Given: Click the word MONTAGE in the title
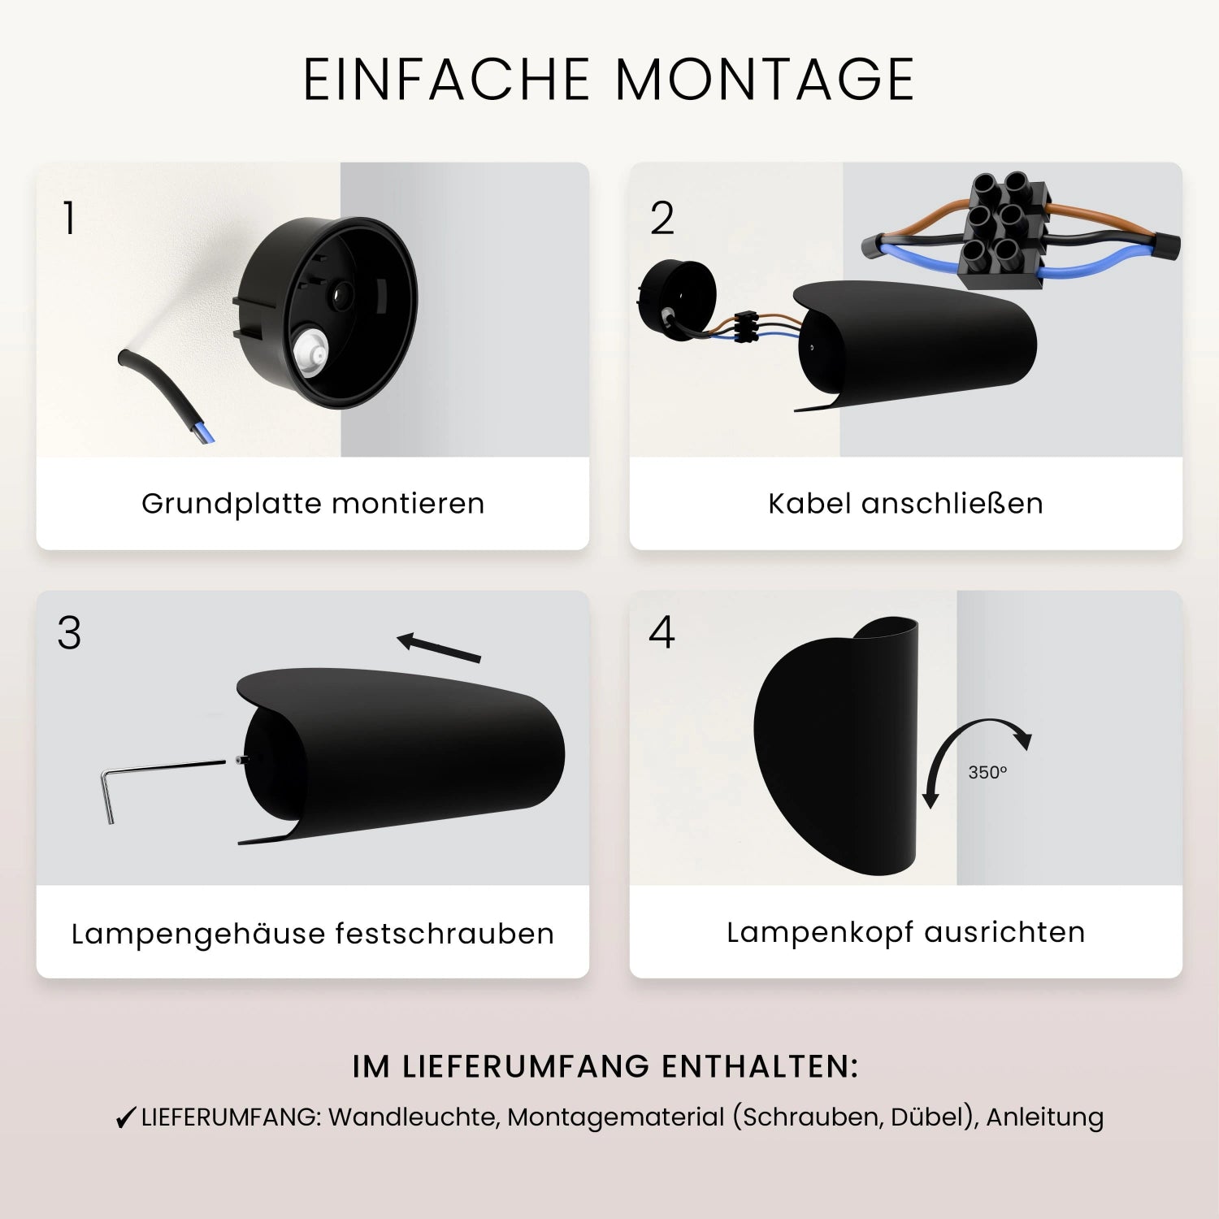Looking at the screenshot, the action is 765,80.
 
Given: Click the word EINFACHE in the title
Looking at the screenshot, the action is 446,80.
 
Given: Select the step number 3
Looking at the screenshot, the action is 69,633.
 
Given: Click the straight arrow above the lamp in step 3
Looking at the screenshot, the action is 439,647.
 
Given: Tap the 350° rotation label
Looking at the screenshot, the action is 987,772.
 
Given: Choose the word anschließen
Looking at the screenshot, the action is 952,504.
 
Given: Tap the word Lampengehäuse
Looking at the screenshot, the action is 198,934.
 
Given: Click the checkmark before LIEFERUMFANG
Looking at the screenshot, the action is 125,1118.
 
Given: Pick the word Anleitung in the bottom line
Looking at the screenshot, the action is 1045,1117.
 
